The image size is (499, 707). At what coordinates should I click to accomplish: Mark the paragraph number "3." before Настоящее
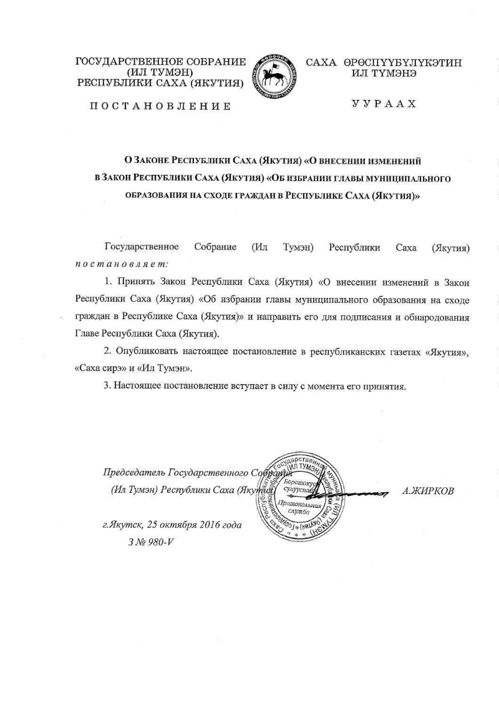[x=108, y=385]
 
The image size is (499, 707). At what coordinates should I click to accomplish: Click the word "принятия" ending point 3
[x=387, y=385]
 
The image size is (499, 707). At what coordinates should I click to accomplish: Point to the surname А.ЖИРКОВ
[x=429, y=491]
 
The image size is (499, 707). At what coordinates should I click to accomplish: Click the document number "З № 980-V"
[x=150, y=541]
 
